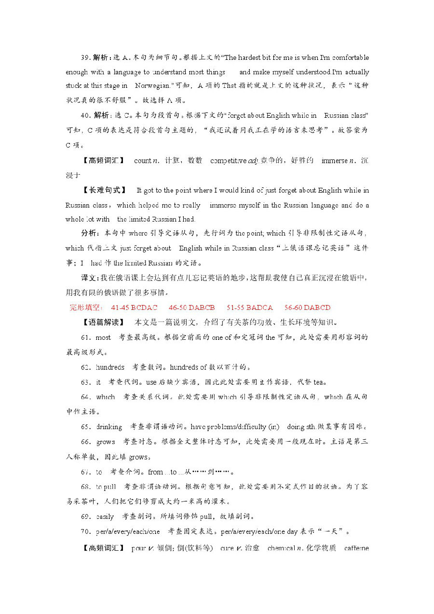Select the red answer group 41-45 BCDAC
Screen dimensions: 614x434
[134, 307]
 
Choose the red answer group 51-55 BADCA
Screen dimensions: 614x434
[250, 307]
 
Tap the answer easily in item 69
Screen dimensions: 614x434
[105, 516]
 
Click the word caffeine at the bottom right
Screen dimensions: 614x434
[356, 548]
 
